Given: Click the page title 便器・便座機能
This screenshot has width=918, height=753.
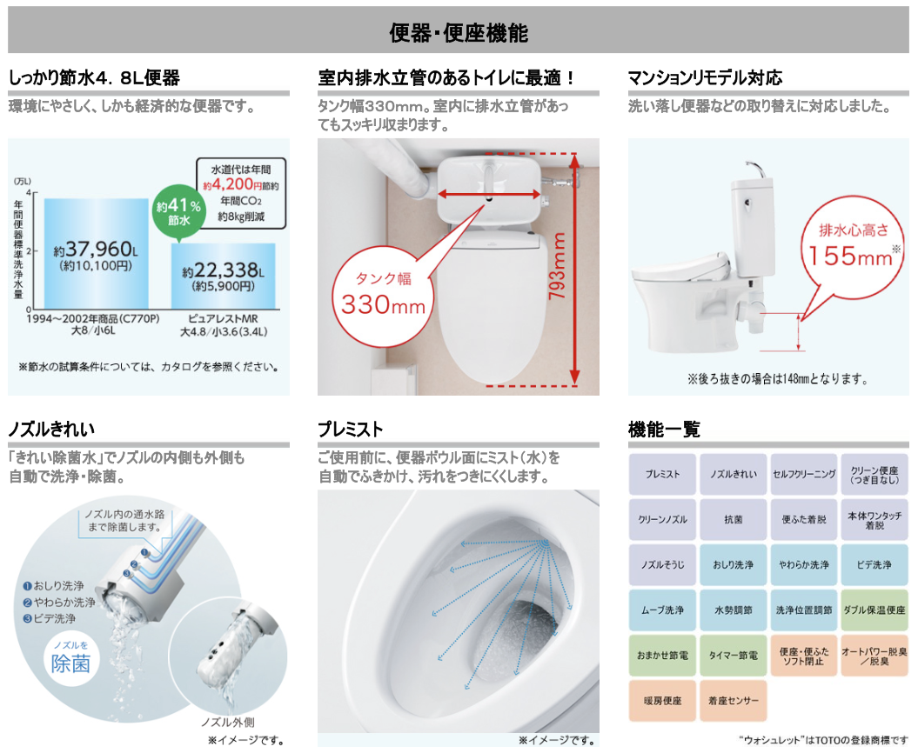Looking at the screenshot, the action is [x=459, y=33].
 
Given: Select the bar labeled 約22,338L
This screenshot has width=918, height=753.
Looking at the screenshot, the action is [x=223, y=277].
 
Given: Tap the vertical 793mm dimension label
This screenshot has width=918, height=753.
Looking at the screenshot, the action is [x=557, y=266].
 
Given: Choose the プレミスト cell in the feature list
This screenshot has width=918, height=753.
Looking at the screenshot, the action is [x=662, y=474].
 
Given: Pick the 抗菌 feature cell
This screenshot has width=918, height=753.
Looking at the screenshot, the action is [x=733, y=519].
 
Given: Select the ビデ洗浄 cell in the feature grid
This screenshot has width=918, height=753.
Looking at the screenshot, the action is [x=874, y=564].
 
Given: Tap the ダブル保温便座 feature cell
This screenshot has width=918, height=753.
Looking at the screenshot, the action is [x=874, y=610].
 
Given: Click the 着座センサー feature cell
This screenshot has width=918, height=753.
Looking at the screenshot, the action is [x=733, y=700].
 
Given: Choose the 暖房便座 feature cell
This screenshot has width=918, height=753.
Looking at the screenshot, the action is [x=662, y=700].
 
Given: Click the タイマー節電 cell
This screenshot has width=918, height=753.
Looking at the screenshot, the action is [x=733, y=656].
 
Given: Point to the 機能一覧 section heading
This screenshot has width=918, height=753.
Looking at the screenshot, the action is [x=664, y=430].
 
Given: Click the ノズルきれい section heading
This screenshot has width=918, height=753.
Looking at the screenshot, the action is [x=51, y=430].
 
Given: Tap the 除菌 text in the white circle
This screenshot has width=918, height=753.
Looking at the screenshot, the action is [x=70, y=664].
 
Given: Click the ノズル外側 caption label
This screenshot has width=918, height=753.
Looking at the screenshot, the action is [x=228, y=723].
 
